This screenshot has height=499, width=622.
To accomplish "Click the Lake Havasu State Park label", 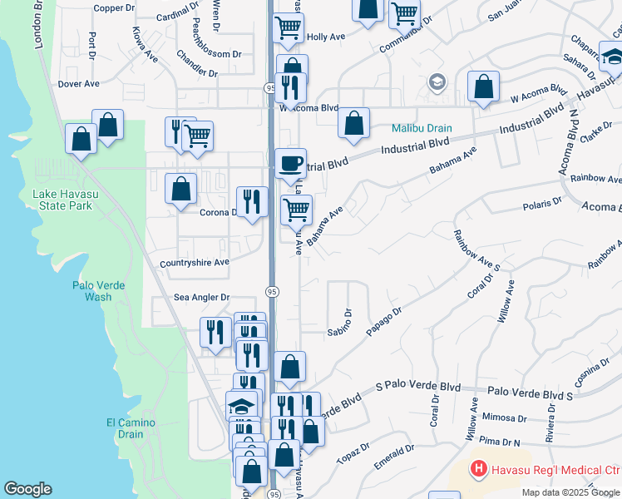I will (x=62, y=200).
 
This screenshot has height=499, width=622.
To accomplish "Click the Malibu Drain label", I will (x=422, y=129).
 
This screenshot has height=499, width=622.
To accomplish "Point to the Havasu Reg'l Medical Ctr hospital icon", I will (x=478, y=470).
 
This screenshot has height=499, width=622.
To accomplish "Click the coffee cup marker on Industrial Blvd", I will (x=290, y=162).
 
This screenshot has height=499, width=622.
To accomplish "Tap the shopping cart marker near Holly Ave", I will (x=289, y=27).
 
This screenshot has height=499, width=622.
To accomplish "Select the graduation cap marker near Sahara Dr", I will (x=612, y=57).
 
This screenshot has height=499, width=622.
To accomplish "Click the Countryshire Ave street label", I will (x=194, y=262).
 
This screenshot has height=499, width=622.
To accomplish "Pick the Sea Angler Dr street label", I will (x=201, y=297).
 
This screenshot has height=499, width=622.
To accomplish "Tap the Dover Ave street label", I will (x=78, y=84).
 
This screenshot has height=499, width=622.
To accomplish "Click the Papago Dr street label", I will (x=385, y=321).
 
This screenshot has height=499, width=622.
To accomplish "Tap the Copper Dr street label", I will (x=114, y=8).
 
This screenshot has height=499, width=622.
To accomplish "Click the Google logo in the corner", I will (x=27, y=489).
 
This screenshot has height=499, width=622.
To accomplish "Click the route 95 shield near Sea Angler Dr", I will (x=272, y=291).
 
